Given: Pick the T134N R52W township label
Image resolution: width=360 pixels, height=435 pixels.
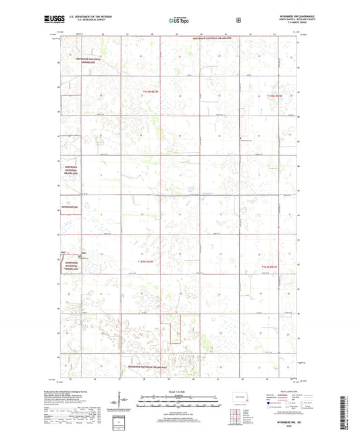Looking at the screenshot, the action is point(146,261).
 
